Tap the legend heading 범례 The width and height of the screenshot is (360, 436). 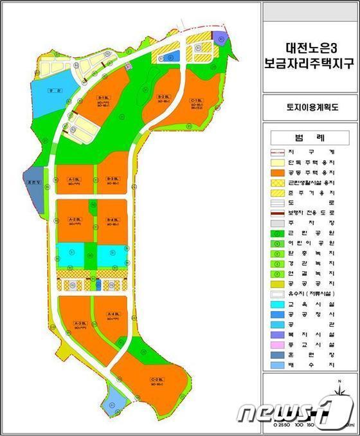311,138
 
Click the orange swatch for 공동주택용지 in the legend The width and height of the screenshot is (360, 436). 278,173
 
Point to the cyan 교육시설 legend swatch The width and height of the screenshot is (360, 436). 278,304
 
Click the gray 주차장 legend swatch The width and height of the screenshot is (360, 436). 278,223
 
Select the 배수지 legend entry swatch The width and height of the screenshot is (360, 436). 278,365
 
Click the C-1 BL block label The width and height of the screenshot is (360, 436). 195,100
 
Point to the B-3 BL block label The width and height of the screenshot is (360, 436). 111,178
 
